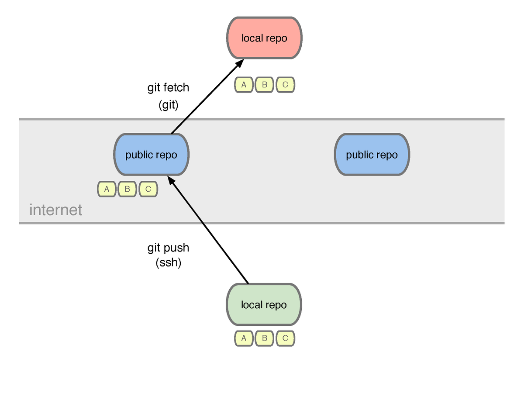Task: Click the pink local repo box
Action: coord(264,38)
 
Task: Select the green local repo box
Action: coord(264,304)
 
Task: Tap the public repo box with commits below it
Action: coord(152,155)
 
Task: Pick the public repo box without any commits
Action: coord(372,155)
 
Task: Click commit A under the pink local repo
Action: coord(244,85)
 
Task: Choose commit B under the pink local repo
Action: coord(265,85)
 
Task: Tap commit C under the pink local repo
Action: coord(285,85)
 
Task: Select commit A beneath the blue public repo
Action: coord(107,189)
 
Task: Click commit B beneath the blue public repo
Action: coord(128,189)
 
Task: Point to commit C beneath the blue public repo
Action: coord(148,189)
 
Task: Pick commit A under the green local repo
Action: coord(244,338)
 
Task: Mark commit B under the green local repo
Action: coord(265,338)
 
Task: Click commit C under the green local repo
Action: coord(285,338)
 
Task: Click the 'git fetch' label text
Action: coord(168,88)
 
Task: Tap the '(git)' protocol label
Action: coord(169,105)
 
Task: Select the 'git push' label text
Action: coord(168,248)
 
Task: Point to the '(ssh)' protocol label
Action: coord(169,262)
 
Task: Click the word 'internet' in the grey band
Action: coord(55,210)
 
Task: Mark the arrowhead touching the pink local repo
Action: coord(239,63)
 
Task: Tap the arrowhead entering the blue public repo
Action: coord(172,180)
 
